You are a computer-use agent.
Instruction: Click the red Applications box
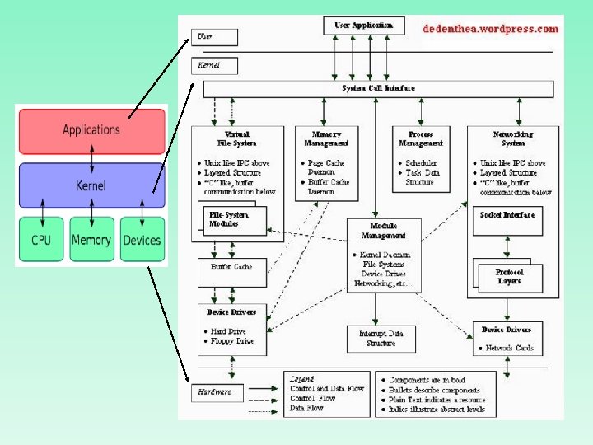click(x=91, y=130)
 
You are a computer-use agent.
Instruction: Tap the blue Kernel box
click(x=91, y=185)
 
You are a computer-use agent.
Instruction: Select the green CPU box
click(x=41, y=240)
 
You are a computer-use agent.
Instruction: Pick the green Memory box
click(x=91, y=240)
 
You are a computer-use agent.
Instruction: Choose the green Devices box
click(x=142, y=240)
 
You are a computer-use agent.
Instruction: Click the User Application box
click(x=363, y=26)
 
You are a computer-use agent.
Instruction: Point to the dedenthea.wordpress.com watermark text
click(x=490, y=29)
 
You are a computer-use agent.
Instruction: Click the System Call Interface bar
click(x=378, y=88)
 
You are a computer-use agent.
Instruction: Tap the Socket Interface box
click(x=507, y=215)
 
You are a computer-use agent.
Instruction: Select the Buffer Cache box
click(x=231, y=267)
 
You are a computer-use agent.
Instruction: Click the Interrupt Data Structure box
click(x=375, y=338)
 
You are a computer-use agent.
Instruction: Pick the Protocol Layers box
click(x=509, y=277)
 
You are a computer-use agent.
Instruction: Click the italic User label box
click(x=214, y=37)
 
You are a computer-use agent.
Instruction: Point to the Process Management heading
click(x=420, y=138)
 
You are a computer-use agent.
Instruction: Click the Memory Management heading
click(x=327, y=138)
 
